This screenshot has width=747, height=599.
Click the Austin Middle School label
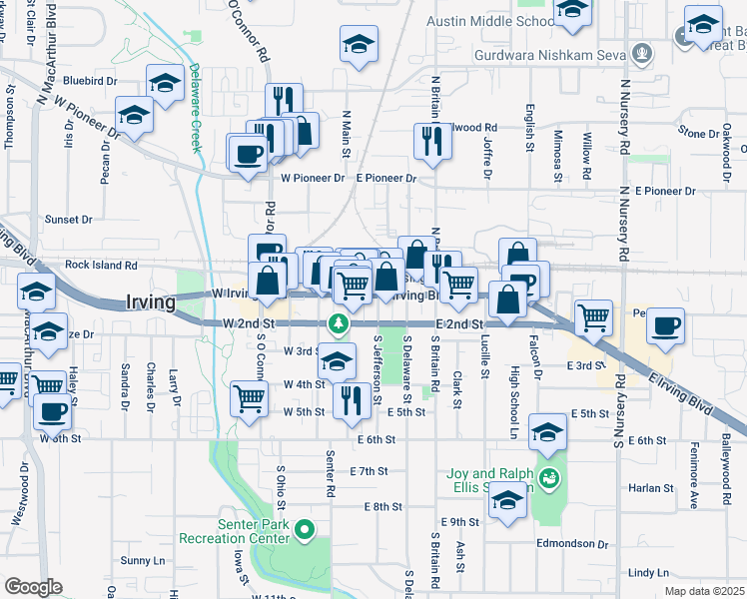click(491, 21)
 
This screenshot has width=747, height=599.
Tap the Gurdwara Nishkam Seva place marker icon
click(645, 52)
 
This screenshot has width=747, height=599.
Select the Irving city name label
click(152, 301)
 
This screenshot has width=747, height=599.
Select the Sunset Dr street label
click(68, 219)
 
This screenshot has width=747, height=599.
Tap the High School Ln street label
click(514, 387)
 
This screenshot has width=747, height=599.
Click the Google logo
click(34, 587)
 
